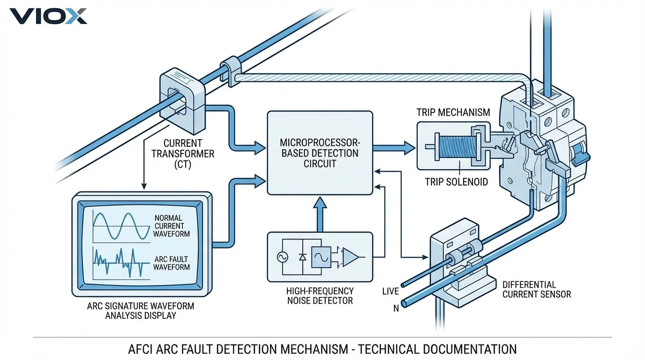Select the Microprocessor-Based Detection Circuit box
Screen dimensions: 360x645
(320, 153)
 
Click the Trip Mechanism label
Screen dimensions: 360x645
(453, 112)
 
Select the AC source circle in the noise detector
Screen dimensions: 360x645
(283, 257)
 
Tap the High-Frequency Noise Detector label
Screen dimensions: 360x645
(320, 295)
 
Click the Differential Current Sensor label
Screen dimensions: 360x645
(536, 289)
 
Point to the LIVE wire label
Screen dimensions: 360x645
(390, 291)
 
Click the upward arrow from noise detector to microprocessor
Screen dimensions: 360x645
(320, 214)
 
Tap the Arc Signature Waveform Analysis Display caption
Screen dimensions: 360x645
(140, 311)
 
